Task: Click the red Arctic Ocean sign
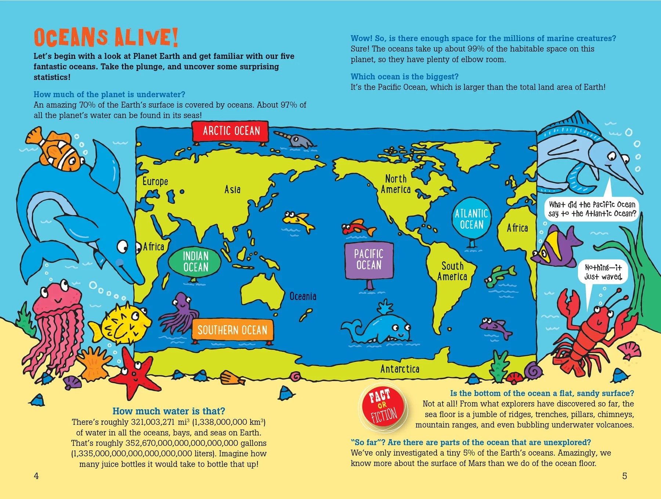[231, 131]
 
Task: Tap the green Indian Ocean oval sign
[195, 261]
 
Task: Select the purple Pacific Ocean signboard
[369, 260]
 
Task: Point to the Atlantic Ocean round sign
[472, 219]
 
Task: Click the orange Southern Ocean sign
[232, 330]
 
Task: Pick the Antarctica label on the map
[400, 369]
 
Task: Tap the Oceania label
[303, 296]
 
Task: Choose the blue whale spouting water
[382, 327]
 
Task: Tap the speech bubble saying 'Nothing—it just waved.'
[603, 272]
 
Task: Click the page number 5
[624, 476]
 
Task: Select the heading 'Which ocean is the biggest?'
[404, 77]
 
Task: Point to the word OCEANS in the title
[71, 38]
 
